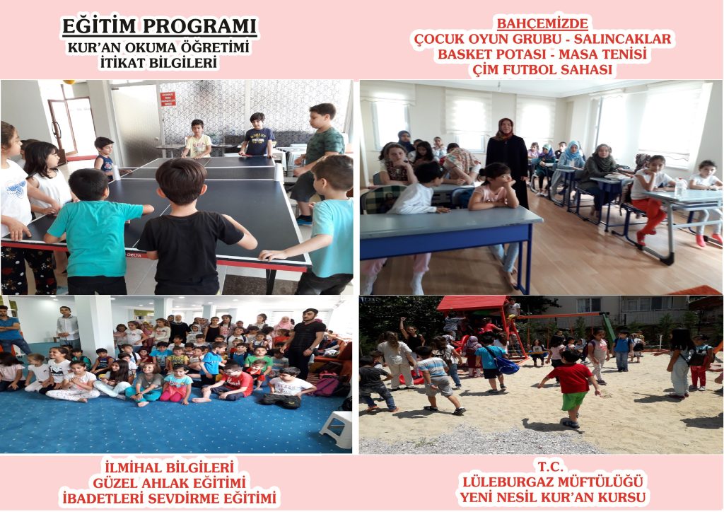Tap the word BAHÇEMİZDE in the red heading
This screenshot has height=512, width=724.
click(542, 23)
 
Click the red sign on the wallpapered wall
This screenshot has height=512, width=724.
click(168, 99)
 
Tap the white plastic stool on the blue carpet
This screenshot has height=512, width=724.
click(337, 429)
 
